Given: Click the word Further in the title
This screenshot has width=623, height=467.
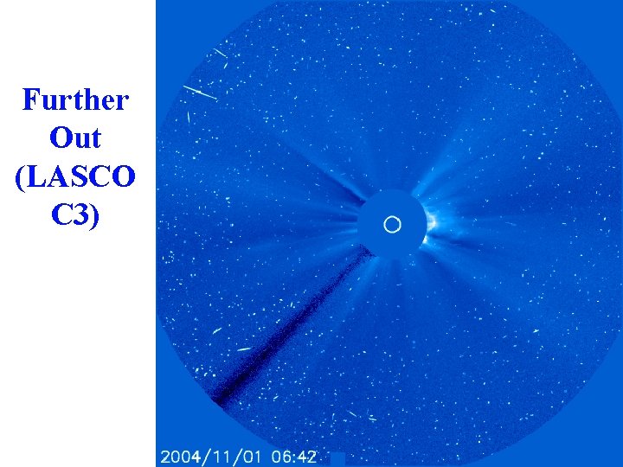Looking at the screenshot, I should click(x=76, y=100).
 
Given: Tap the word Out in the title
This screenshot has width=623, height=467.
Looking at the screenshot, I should click(x=76, y=138).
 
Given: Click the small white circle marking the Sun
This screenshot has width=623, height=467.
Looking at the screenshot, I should click(x=392, y=225).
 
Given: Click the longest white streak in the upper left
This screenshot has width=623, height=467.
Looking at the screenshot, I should click(x=198, y=93).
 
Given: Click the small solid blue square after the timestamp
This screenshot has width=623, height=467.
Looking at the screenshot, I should click(x=337, y=457).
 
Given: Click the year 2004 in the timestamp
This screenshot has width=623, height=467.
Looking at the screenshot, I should click(x=176, y=457).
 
